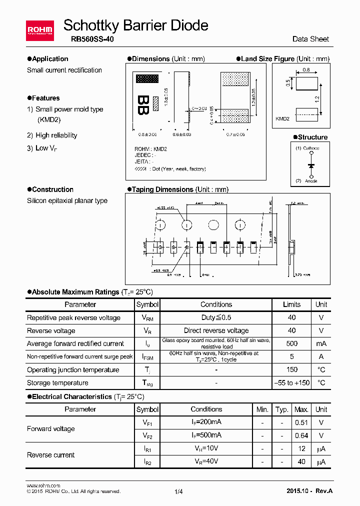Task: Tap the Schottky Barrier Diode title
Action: [x=136, y=25]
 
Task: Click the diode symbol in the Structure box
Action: [x=311, y=164]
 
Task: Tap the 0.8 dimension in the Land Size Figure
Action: [x=306, y=70]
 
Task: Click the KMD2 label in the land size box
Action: [x=282, y=118]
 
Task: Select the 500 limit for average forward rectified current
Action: [x=291, y=343]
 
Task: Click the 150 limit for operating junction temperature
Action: [x=291, y=370]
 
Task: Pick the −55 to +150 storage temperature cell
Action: [x=291, y=383]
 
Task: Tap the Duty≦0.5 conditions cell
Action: [x=216, y=317]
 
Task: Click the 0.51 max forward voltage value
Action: [x=301, y=422]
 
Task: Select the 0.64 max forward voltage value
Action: [x=301, y=435]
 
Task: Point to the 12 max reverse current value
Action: [x=301, y=448]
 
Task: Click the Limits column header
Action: [x=291, y=304]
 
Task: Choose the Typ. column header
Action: [x=282, y=409]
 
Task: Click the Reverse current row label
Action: [x=50, y=455]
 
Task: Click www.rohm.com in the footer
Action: [x=43, y=485]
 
